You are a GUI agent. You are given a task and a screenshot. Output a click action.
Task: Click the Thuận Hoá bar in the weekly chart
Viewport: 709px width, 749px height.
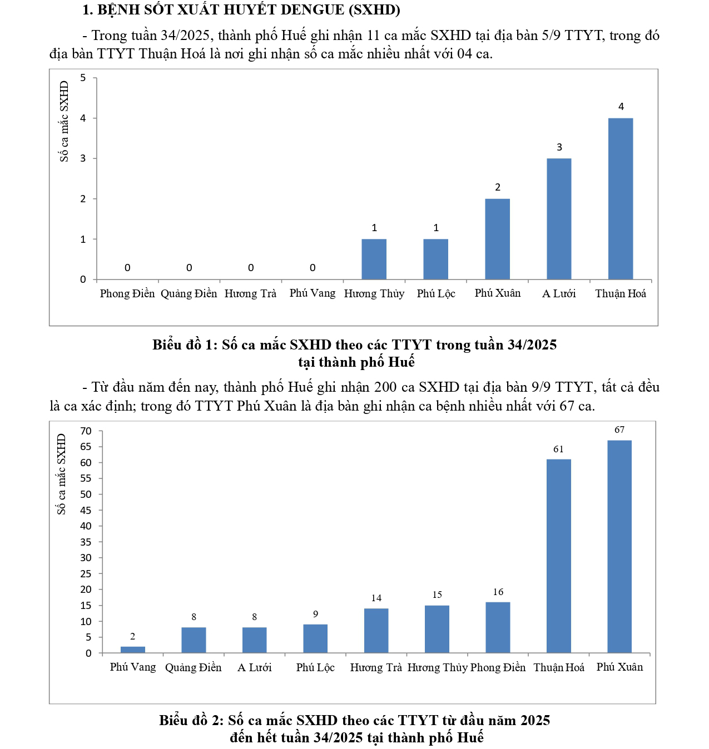(x=621, y=198)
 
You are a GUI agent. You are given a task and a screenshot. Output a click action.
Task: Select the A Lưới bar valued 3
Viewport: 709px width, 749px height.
(x=559, y=218)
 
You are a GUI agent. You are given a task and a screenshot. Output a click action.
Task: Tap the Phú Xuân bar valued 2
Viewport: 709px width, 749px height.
(x=497, y=239)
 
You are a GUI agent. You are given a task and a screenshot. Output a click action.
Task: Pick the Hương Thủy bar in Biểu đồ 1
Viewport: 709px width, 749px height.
(x=374, y=259)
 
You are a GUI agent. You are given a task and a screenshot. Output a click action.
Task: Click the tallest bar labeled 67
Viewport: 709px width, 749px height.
(x=619, y=546)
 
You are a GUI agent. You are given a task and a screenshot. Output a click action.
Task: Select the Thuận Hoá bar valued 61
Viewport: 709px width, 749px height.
(x=558, y=556)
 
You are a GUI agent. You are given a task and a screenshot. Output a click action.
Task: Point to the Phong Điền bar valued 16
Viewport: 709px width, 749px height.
(x=498, y=627)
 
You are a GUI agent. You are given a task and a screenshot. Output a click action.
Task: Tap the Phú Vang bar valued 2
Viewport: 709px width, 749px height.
(x=133, y=650)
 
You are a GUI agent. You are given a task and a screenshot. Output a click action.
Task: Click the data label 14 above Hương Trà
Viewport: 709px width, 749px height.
(x=376, y=598)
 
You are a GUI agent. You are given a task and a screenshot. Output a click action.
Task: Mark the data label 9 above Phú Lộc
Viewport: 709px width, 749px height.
(x=315, y=615)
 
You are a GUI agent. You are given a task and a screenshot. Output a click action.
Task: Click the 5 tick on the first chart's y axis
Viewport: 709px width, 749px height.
(x=83, y=78)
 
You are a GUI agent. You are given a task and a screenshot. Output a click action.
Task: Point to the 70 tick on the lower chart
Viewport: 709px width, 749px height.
(x=86, y=431)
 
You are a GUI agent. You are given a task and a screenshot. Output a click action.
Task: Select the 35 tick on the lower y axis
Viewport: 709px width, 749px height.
(x=86, y=542)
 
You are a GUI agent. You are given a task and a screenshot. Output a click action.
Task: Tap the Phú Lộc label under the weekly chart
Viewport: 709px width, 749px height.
(x=436, y=293)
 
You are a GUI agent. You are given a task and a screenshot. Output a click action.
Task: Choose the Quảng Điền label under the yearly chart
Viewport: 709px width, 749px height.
(x=193, y=667)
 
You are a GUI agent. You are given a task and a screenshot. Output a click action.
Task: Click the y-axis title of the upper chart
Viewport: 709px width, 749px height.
(x=65, y=121)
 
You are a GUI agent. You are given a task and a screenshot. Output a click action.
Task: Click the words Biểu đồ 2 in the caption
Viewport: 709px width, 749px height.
(x=189, y=721)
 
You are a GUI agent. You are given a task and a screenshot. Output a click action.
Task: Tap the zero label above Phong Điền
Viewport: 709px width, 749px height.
(x=127, y=268)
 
